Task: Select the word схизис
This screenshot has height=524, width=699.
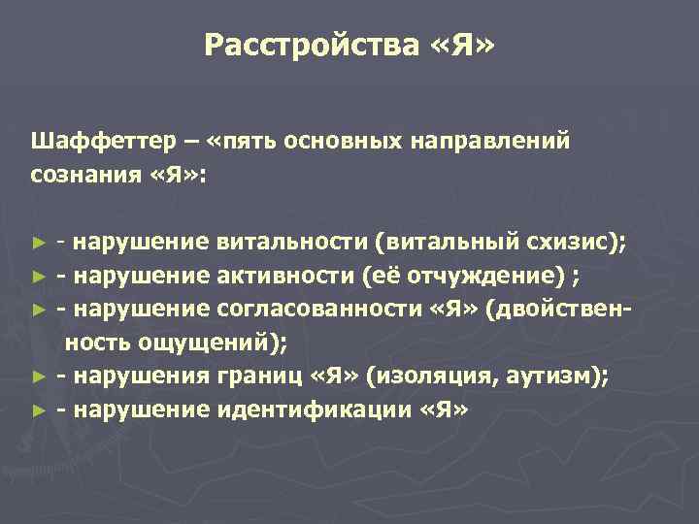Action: (x=574, y=243)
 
